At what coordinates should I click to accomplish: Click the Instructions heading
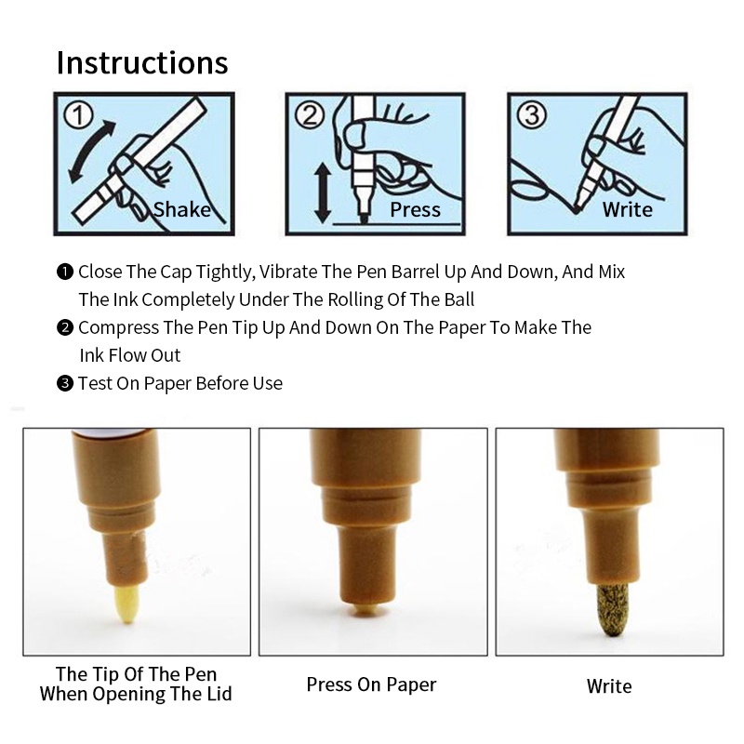[x=142, y=62]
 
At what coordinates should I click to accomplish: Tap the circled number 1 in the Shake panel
[x=78, y=115]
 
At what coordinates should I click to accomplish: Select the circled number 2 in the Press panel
[x=310, y=115]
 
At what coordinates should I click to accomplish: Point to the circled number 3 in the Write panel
[x=532, y=115]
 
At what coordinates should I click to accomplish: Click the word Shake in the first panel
[x=181, y=209]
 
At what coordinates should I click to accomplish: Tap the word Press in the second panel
[x=415, y=210]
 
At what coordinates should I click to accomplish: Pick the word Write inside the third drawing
[x=627, y=209]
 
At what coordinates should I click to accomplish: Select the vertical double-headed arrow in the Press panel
[x=323, y=193]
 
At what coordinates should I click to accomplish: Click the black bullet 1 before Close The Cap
[x=65, y=272]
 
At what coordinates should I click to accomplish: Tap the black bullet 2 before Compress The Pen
[x=65, y=328]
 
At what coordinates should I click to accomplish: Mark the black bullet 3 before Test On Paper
[x=65, y=383]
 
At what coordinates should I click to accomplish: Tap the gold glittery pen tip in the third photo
[x=612, y=610]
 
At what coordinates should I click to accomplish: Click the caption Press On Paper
[x=371, y=684]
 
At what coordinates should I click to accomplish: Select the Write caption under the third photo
[x=609, y=686]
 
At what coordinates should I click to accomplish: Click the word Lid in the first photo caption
[x=219, y=694]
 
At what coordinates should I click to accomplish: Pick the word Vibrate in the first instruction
[x=288, y=272]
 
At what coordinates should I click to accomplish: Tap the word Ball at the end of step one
[x=459, y=299]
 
